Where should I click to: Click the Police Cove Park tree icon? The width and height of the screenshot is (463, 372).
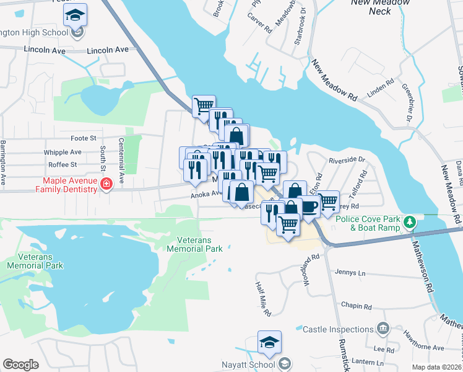(409, 221)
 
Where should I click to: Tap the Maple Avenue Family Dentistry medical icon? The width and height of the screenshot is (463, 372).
(106, 184)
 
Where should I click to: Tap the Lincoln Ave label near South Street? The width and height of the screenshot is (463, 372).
(108, 50)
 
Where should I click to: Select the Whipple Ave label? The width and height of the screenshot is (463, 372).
(63, 152)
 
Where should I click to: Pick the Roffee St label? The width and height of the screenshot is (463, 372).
(62, 165)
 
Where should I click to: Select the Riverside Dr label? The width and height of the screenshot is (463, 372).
(347, 159)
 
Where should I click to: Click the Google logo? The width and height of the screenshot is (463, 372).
(21, 365)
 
